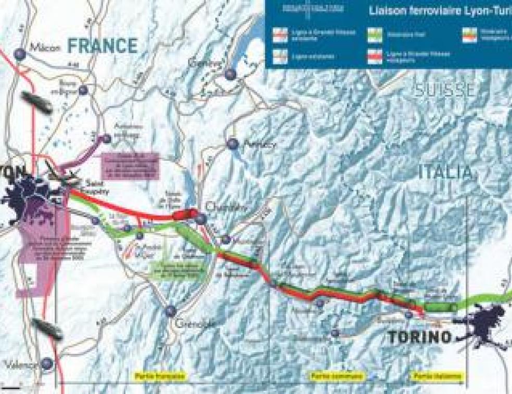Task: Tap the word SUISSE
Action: coord(445,89)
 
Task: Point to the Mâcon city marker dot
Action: coord(20,53)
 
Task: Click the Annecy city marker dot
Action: coord(232,144)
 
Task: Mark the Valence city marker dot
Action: coord(47,363)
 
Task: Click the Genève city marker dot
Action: coord(230,74)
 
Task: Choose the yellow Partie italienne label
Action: coord(430,376)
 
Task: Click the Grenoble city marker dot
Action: coord(170,311)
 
